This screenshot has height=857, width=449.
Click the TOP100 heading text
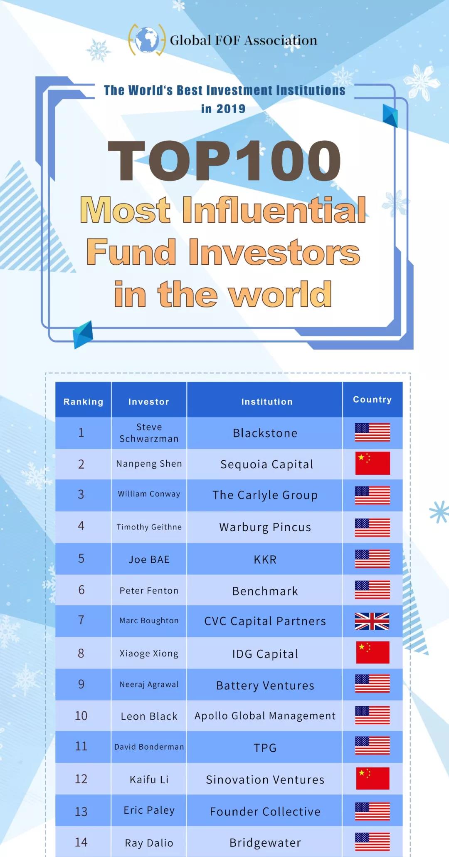click(224, 161)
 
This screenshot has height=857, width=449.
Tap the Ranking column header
click(83, 402)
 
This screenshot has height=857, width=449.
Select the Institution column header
click(267, 402)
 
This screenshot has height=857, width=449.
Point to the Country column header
click(373, 400)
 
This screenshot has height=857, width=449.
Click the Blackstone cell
click(265, 433)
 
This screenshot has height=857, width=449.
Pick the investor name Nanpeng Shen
click(149, 464)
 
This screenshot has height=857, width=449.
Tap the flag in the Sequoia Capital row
click(373, 463)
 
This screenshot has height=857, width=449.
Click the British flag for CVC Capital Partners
click(372, 621)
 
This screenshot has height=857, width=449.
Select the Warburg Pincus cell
click(265, 527)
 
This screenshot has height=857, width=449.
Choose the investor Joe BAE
click(149, 559)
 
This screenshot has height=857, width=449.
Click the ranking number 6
click(81, 590)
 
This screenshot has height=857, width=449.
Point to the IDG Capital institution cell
click(265, 654)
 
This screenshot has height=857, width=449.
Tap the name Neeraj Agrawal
click(149, 685)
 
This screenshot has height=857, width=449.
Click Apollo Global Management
click(265, 716)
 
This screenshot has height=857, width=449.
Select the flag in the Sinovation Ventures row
click(373, 778)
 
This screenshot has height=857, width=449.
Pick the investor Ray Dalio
click(149, 843)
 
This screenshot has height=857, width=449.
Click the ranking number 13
click(81, 812)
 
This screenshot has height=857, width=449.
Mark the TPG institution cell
click(265, 748)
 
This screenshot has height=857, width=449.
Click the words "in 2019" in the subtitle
click(223, 109)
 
